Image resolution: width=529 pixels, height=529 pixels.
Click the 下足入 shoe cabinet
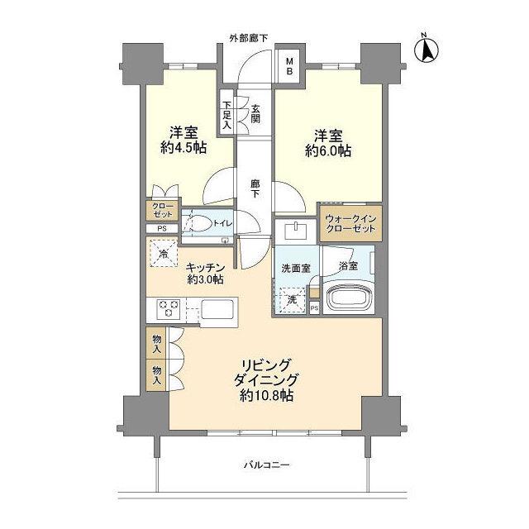pos(226,116)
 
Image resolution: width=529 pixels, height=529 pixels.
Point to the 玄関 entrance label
pos(255,113)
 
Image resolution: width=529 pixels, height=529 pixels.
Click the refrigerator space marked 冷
pos(163,253)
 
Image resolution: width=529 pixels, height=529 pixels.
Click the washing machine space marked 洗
pos(291,299)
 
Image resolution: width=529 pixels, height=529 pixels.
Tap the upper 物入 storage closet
pos(157,342)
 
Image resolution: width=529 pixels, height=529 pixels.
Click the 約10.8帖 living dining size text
pos(264,396)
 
